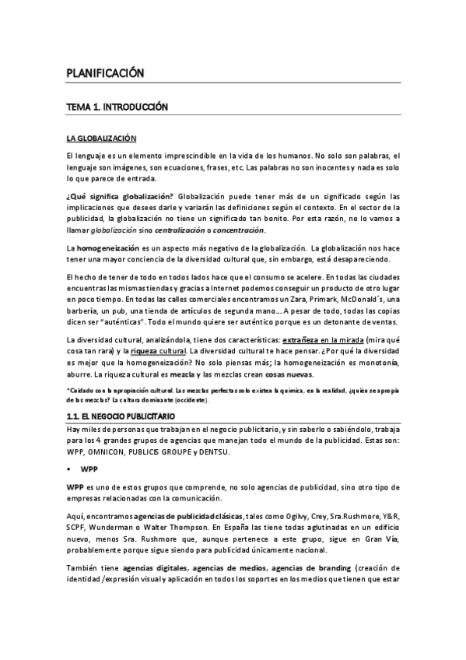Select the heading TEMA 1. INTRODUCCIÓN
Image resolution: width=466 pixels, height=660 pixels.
pyautogui.click(x=117, y=106)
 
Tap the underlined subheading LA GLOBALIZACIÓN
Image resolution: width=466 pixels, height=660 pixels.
pyautogui.click(x=101, y=139)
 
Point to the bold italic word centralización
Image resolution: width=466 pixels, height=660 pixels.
pyautogui.click(x=186, y=230)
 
